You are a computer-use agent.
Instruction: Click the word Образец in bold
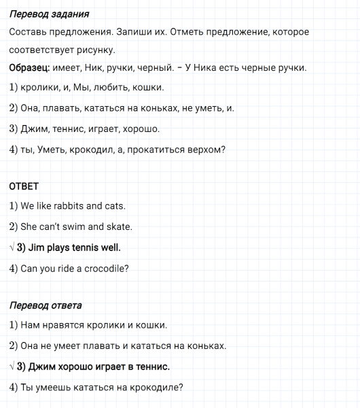coord(31,68)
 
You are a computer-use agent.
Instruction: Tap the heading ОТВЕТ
coord(24,186)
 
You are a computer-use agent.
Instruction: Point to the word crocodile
coord(103,269)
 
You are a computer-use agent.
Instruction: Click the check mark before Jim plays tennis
coord(12,248)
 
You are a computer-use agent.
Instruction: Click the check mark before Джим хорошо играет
coord(12,367)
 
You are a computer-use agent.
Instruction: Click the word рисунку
coord(96,51)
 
